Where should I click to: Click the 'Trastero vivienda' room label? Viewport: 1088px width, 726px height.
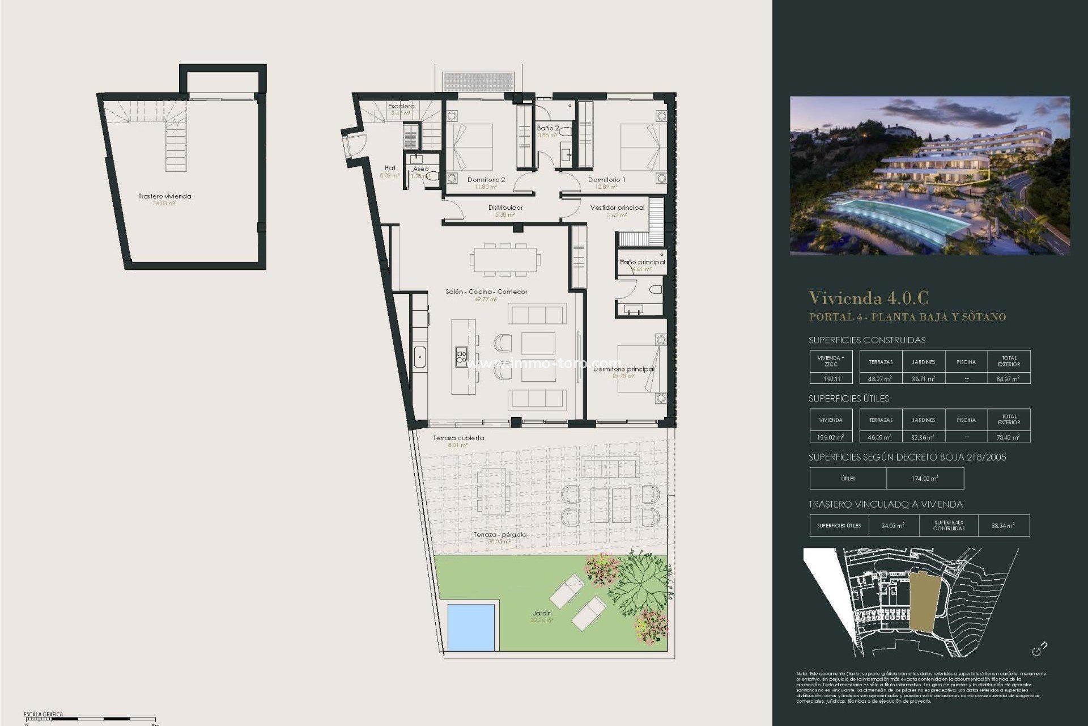coord(165,196)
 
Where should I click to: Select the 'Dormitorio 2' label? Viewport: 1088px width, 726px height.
coord(486,180)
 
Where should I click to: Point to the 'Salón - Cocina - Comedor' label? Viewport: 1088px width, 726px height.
coord(486,292)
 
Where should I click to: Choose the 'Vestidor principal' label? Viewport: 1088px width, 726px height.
coord(617,208)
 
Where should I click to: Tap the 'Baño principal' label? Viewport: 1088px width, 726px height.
coord(642,262)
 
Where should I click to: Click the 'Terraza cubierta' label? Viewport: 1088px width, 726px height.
coord(458,438)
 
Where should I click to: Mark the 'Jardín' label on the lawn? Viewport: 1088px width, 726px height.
coord(542,613)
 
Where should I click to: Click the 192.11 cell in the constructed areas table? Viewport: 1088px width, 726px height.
coord(831,379)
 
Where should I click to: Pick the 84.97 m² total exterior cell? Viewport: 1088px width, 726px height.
coord(1009,379)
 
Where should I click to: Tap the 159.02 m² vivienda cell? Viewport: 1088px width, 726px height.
coord(831,437)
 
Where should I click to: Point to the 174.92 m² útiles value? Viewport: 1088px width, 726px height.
coord(925,479)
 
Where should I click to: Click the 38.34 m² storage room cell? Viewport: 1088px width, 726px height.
coord(1003,526)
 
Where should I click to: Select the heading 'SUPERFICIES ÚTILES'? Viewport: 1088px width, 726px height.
coord(848,399)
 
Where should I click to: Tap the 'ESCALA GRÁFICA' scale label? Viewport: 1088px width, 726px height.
coord(43,715)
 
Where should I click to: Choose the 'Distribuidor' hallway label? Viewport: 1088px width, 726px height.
coord(505,208)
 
